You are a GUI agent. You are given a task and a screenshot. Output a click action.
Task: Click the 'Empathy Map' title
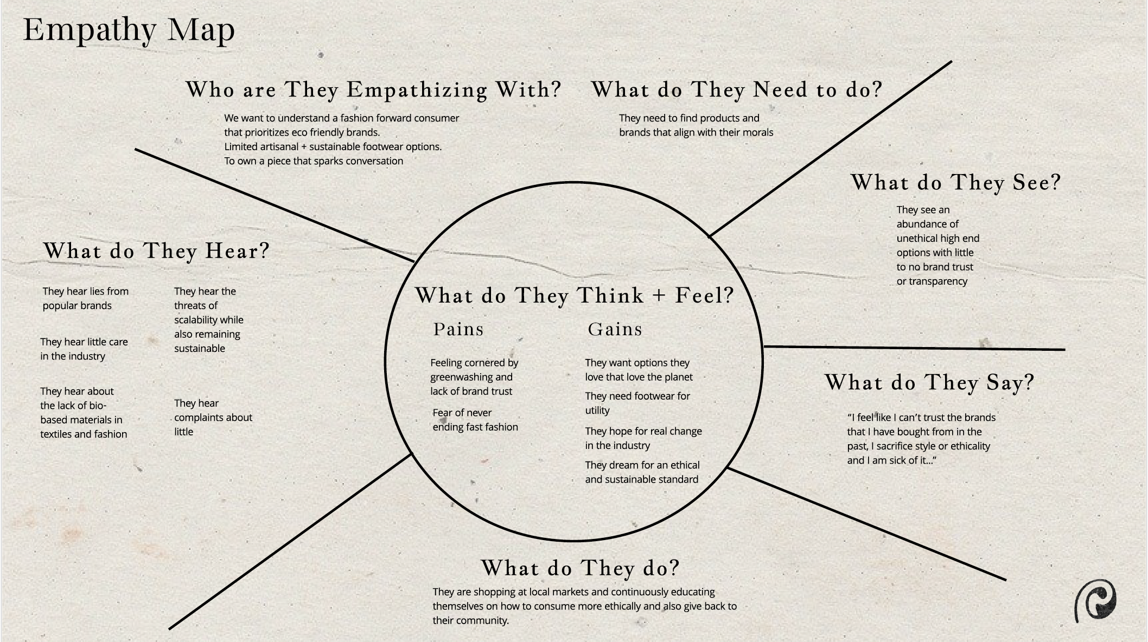[x=129, y=30]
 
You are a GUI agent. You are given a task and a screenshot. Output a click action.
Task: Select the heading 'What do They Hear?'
[x=156, y=251]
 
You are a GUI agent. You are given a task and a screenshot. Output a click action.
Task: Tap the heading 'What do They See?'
[x=955, y=183]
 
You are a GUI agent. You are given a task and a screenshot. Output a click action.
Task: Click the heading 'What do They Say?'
[x=929, y=383]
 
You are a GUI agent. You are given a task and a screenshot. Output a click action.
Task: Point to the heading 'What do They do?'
[x=580, y=568]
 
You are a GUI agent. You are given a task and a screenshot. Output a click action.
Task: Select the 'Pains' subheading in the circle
[x=458, y=329]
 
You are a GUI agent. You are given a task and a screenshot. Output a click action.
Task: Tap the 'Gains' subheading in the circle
[x=615, y=329]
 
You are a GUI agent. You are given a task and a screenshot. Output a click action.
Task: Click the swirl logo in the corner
[x=1095, y=600]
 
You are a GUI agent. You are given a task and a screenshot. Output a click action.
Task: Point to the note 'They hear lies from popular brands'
[x=86, y=298]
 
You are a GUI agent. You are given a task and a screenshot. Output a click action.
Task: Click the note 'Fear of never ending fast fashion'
[x=475, y=420]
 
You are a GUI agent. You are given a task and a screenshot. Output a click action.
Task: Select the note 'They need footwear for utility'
[x=637, y=403]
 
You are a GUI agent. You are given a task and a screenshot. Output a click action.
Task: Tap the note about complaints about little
[x=213, y=418]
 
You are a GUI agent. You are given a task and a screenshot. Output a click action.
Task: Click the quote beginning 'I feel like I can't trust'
[x=921, y=439]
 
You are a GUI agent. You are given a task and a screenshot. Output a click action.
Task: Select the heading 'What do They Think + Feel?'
[x=574, y=296]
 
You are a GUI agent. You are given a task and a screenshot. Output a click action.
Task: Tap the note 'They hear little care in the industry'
[x=84, y=349]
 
